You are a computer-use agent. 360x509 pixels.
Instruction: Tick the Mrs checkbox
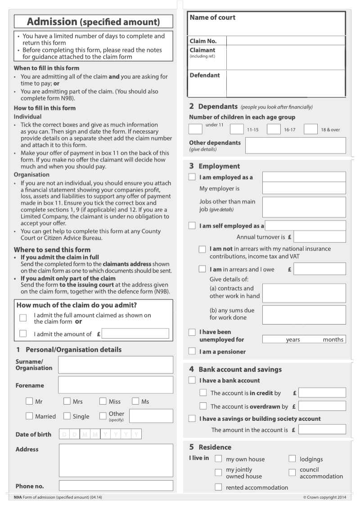[67, 401]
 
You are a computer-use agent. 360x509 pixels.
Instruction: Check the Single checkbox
[67, 416]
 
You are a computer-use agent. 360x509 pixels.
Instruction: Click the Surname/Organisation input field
[116, 365]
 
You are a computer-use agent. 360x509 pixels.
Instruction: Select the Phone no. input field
[116, 486]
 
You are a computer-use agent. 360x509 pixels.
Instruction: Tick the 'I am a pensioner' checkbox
[192, 351]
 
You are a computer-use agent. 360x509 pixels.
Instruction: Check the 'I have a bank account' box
[192, 380]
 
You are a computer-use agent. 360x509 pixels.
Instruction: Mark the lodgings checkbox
[292, 459]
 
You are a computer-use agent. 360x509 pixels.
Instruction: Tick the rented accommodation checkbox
[218, 487]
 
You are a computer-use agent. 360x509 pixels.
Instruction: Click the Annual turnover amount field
[319, 237]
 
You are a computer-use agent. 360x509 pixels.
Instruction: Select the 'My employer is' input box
[304, 188]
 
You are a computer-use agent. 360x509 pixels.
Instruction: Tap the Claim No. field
[286, 41]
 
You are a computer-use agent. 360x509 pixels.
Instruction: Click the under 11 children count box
[195, 129]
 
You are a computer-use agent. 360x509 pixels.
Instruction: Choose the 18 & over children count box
[310, 129]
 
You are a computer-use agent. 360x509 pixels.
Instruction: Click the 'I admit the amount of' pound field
[135, 334]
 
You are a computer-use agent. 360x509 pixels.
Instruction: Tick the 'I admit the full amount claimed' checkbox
[23, 318]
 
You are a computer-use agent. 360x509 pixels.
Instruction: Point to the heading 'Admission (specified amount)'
[94, 22]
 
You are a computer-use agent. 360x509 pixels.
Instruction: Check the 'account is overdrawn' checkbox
[203, 406]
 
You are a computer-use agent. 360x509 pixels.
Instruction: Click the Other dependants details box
[295, 145]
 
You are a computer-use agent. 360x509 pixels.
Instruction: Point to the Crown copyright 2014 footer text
[324, 497]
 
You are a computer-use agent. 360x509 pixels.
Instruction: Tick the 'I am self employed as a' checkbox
[192, 225]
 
